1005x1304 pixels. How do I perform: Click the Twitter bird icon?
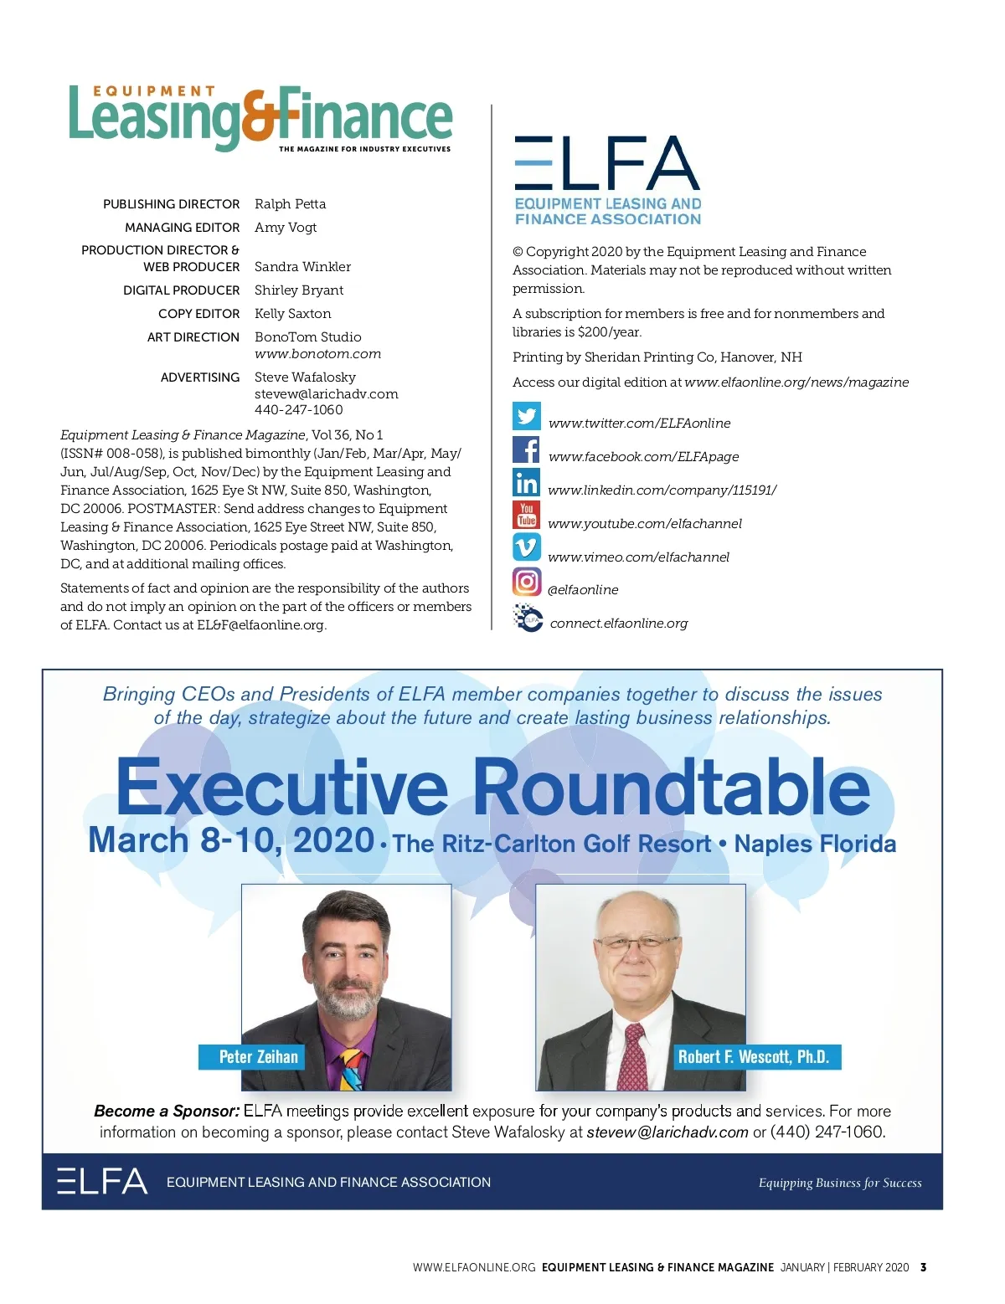coord(527,416)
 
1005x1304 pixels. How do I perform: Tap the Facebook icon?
coord(527,449)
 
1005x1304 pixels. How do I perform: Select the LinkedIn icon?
coord(527,483)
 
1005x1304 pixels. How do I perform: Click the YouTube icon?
coord(527,515)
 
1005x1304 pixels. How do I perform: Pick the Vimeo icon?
coord(527,548)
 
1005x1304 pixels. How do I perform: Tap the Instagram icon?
coord(527,582)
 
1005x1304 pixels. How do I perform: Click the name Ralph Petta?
coord(290,204)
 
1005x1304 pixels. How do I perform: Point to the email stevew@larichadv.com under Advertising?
coord(326,394)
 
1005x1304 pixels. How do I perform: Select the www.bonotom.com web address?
coord(317,354)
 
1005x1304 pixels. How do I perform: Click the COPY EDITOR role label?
coord(198,314)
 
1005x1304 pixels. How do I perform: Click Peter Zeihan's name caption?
coord(258,1057)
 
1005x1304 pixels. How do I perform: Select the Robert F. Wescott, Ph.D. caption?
coord(753,1057)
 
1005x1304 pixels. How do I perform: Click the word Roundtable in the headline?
coord(671,788)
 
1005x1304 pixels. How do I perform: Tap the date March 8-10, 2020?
coord(231,840)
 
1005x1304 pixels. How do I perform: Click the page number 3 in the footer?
coord(923,1267)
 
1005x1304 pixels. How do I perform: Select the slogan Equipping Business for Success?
coord(839,1183)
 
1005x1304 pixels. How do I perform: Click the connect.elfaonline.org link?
coord(618,624)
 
